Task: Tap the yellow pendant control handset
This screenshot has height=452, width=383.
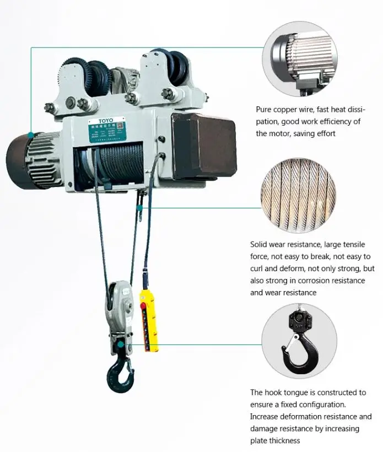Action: point(149,319)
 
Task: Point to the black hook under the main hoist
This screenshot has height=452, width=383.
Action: point(120,374)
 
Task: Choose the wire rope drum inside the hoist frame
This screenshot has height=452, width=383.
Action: point(118,162)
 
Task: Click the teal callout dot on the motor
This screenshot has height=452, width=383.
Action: point(31,134)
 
